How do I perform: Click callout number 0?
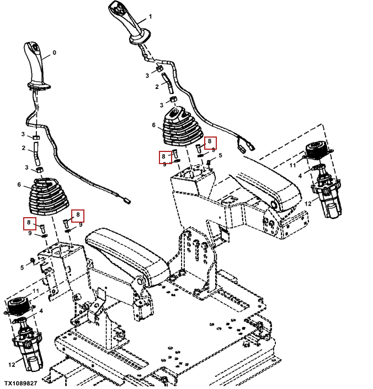(x=54, y=54)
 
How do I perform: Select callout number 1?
(x=150, y=17)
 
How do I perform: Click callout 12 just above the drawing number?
(x=11, y=364)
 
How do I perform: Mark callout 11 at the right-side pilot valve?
(x=292, y=165)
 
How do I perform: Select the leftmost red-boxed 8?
(x=28, y=223)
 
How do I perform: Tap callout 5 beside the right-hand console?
(x=220, y=156)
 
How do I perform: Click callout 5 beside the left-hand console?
(x=22, y=267)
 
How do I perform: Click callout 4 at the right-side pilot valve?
(x=299, y=176)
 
